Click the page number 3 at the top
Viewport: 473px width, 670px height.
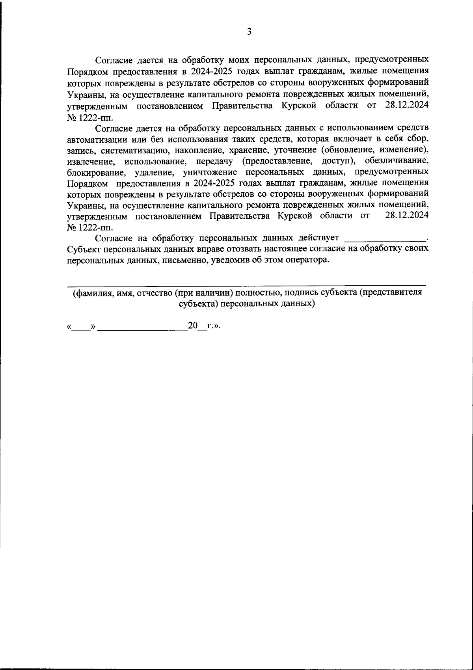point(249,32)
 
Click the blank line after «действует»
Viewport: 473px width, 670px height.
point(385,239)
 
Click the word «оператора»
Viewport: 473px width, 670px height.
point(306,260)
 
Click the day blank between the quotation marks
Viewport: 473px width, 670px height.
point(81,328)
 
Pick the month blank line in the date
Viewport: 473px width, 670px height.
point(142,328)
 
